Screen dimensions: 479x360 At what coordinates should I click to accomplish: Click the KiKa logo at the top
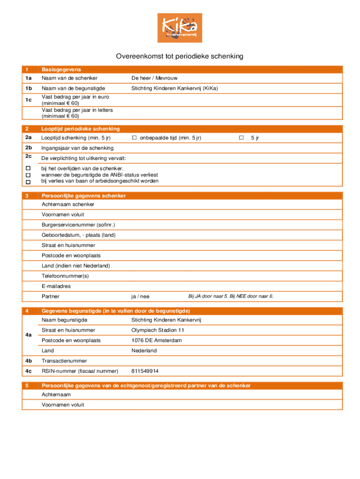180,28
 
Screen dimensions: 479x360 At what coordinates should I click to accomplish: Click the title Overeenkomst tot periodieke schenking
180,57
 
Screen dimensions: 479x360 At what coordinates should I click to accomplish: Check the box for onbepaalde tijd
134,138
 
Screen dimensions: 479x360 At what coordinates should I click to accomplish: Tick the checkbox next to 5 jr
241,138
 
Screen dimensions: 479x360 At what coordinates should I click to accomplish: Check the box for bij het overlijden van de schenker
28,168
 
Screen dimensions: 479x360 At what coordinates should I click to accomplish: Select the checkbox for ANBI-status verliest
28,175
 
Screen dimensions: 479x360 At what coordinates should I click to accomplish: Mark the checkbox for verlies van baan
28,181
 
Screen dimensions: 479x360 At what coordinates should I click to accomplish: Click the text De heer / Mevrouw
154,78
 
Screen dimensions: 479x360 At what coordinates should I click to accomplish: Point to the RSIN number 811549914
145,371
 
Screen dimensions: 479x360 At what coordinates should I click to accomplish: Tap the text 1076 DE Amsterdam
157,341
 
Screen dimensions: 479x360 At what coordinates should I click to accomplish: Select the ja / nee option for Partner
140,297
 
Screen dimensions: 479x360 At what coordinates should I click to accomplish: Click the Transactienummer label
63,361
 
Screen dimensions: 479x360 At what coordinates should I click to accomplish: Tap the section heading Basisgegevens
61,69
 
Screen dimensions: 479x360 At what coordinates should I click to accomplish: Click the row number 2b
29,148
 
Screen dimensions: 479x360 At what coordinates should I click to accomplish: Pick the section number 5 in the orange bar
28,386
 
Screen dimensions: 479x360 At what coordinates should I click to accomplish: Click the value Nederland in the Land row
144,351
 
